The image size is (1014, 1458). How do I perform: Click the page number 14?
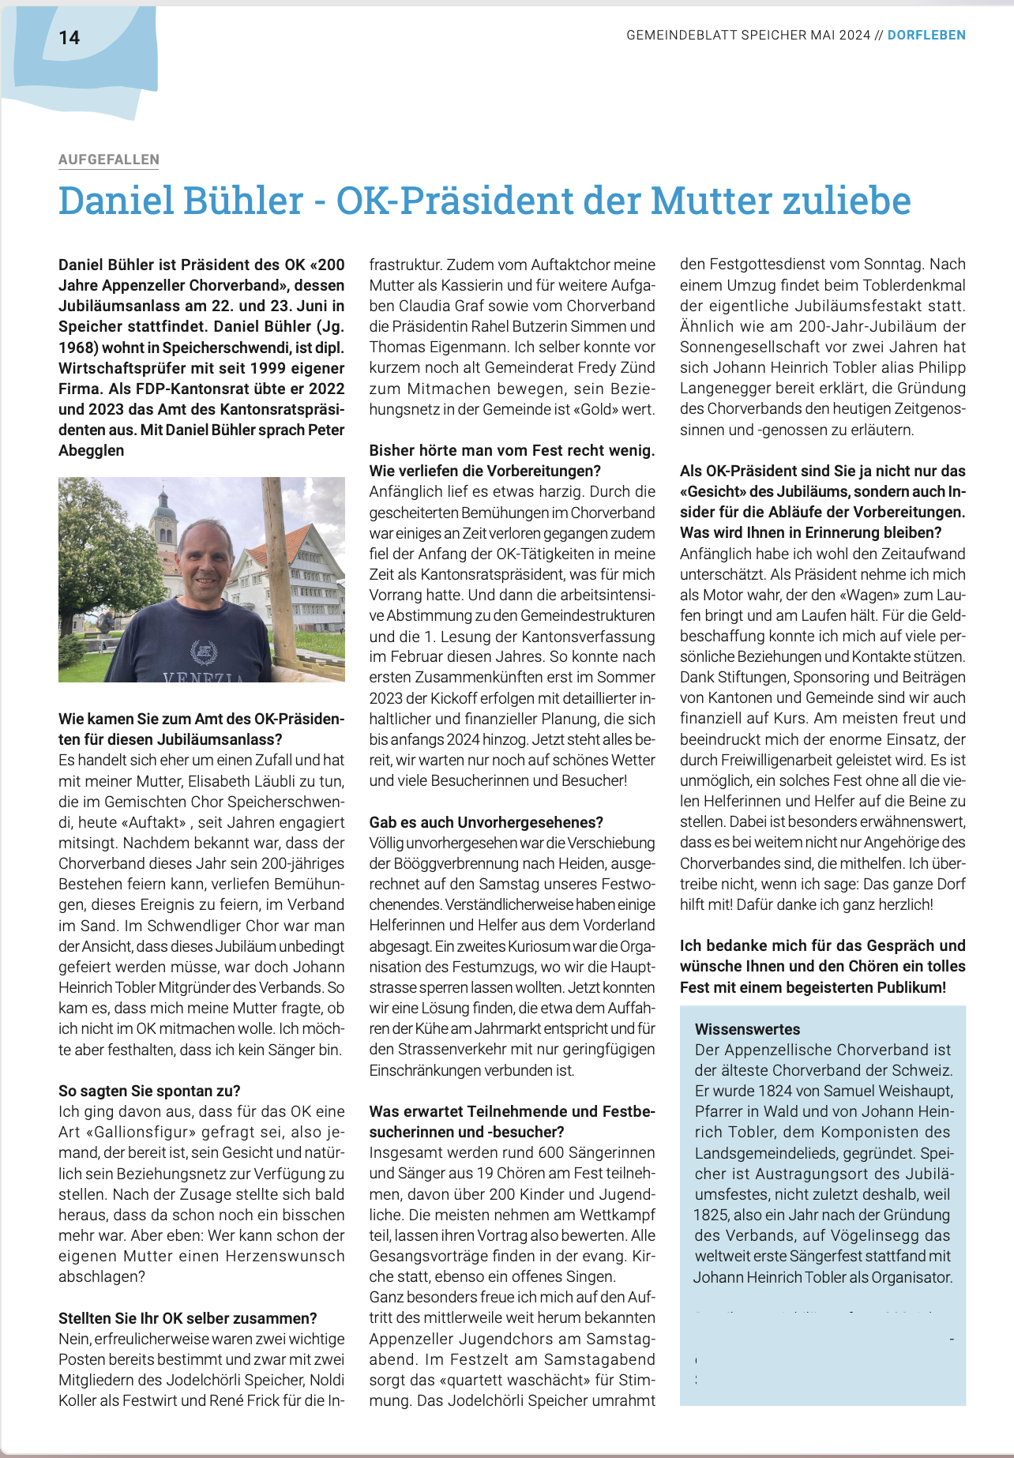pyautogui.click(x=69, y=37)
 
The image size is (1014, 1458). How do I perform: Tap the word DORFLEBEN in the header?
pyautogui.click(x=926, y=35)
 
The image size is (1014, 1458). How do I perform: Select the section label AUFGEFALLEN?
pyautogui.click(x=109, y=160)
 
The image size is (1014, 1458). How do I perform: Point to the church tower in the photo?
pyautogui.click(x=163, y=521)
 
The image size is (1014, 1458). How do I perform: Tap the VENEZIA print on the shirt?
pyautogui.click(x=204, y=676)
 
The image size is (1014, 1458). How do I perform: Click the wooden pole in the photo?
pyautogui.click(x=278, y=569)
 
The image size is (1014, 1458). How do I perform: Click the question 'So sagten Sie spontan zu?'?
pyautogui.click(x=149, y=1091)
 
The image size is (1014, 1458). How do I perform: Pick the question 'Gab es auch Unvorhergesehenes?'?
pyautogui.click(x=486, y=822)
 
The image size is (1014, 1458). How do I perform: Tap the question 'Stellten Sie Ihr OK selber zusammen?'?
pyautogui.click(x=188, y=1318)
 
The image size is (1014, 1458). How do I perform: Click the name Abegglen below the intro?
pyautogui.click(x=92, y=450)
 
